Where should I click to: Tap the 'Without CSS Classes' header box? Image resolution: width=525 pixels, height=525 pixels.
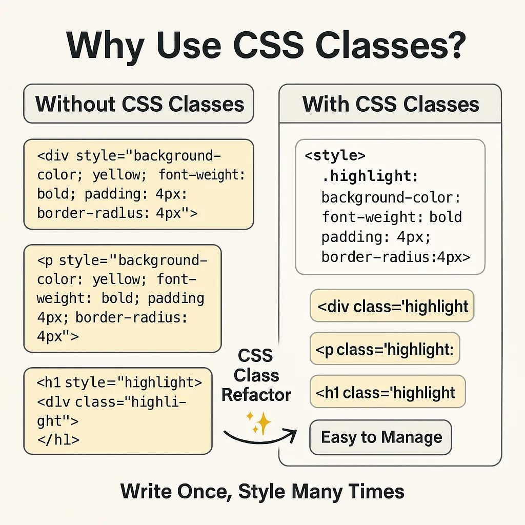(x=139, y=104)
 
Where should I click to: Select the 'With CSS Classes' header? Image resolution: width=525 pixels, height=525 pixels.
(x=390, y=104)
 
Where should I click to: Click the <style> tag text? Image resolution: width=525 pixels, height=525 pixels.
(x=335, y=155)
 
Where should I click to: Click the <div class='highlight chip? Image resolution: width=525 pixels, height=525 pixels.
(x=392, y=306)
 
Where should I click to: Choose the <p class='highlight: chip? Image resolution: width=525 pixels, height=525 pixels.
(x=385, y=350)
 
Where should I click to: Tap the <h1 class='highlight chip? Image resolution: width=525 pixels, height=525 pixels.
(x=387, y=393)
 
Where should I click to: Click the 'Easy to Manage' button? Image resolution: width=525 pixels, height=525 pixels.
(x=381, y=437)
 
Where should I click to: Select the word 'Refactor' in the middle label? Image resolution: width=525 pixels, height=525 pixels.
(x=256, y=395)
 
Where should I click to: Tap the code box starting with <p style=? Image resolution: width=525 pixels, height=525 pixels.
(x=123, y=298)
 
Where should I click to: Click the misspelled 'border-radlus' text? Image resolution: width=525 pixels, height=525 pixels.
(x=93, y=212)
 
